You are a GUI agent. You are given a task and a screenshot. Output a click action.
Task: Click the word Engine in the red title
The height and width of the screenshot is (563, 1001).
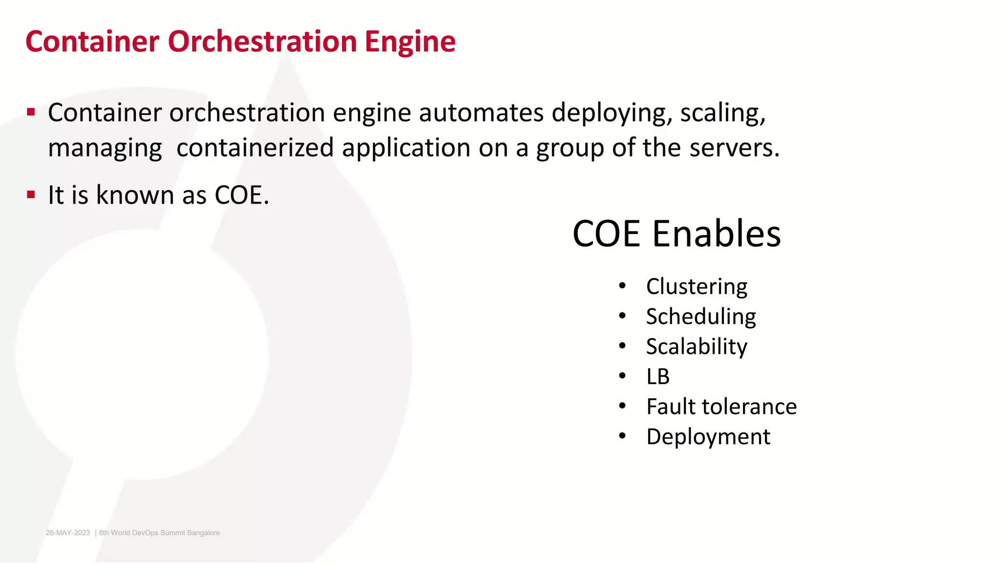410,42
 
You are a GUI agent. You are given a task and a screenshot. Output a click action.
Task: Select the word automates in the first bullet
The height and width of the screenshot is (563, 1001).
481,113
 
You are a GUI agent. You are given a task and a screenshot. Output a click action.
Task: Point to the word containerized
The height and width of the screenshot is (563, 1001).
255,148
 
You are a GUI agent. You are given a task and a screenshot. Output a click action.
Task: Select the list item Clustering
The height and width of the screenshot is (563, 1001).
696,286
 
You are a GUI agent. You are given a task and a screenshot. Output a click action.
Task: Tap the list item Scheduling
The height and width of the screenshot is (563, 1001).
701,317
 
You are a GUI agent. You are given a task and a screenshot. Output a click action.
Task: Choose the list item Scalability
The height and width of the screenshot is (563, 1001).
696,347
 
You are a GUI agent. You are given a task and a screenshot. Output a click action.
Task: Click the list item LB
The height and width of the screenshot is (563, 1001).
658,377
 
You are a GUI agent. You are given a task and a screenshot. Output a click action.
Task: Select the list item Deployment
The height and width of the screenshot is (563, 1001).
708,437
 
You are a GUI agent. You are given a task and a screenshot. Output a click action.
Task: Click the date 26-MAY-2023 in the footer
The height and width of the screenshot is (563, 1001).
68,533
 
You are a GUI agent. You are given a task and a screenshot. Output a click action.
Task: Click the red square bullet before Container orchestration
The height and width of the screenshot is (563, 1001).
31,112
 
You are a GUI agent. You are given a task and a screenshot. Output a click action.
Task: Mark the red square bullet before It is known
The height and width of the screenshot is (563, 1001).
31,195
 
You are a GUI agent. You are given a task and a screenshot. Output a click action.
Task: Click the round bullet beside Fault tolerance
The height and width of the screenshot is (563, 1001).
622,406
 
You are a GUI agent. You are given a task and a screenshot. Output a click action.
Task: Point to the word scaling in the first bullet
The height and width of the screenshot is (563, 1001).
722,114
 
